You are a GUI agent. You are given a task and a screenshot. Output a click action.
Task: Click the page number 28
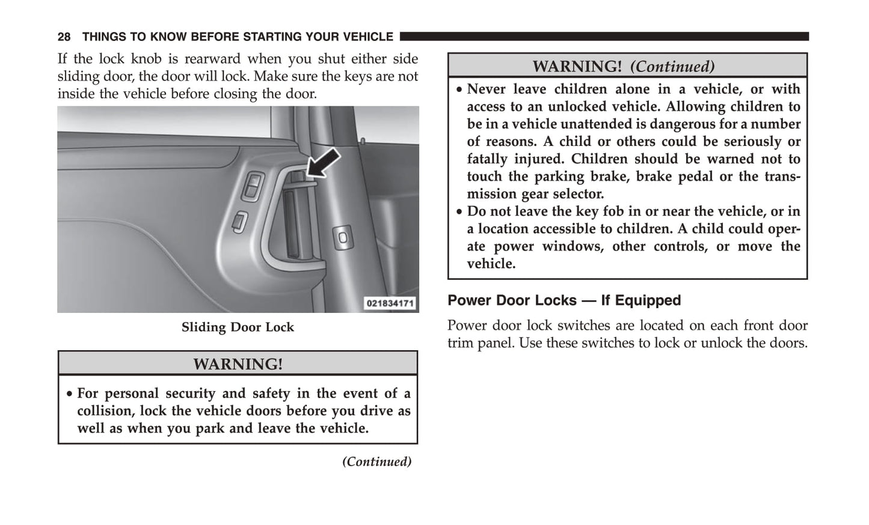(64, 37)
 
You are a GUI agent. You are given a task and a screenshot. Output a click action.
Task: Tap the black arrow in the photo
(324, 163)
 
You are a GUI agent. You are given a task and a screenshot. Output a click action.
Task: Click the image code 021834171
(390, 303)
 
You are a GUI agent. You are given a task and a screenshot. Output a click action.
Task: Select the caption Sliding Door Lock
(238, 327)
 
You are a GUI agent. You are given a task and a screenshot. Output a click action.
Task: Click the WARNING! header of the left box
(238, 364)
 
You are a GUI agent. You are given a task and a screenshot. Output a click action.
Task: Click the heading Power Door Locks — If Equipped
(564, 300)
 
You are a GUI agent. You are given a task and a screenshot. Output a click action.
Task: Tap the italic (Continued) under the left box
(376, 461)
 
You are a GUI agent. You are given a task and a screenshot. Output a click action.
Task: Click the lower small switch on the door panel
(239, 222)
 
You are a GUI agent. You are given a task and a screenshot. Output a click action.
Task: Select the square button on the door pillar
(343, 237)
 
